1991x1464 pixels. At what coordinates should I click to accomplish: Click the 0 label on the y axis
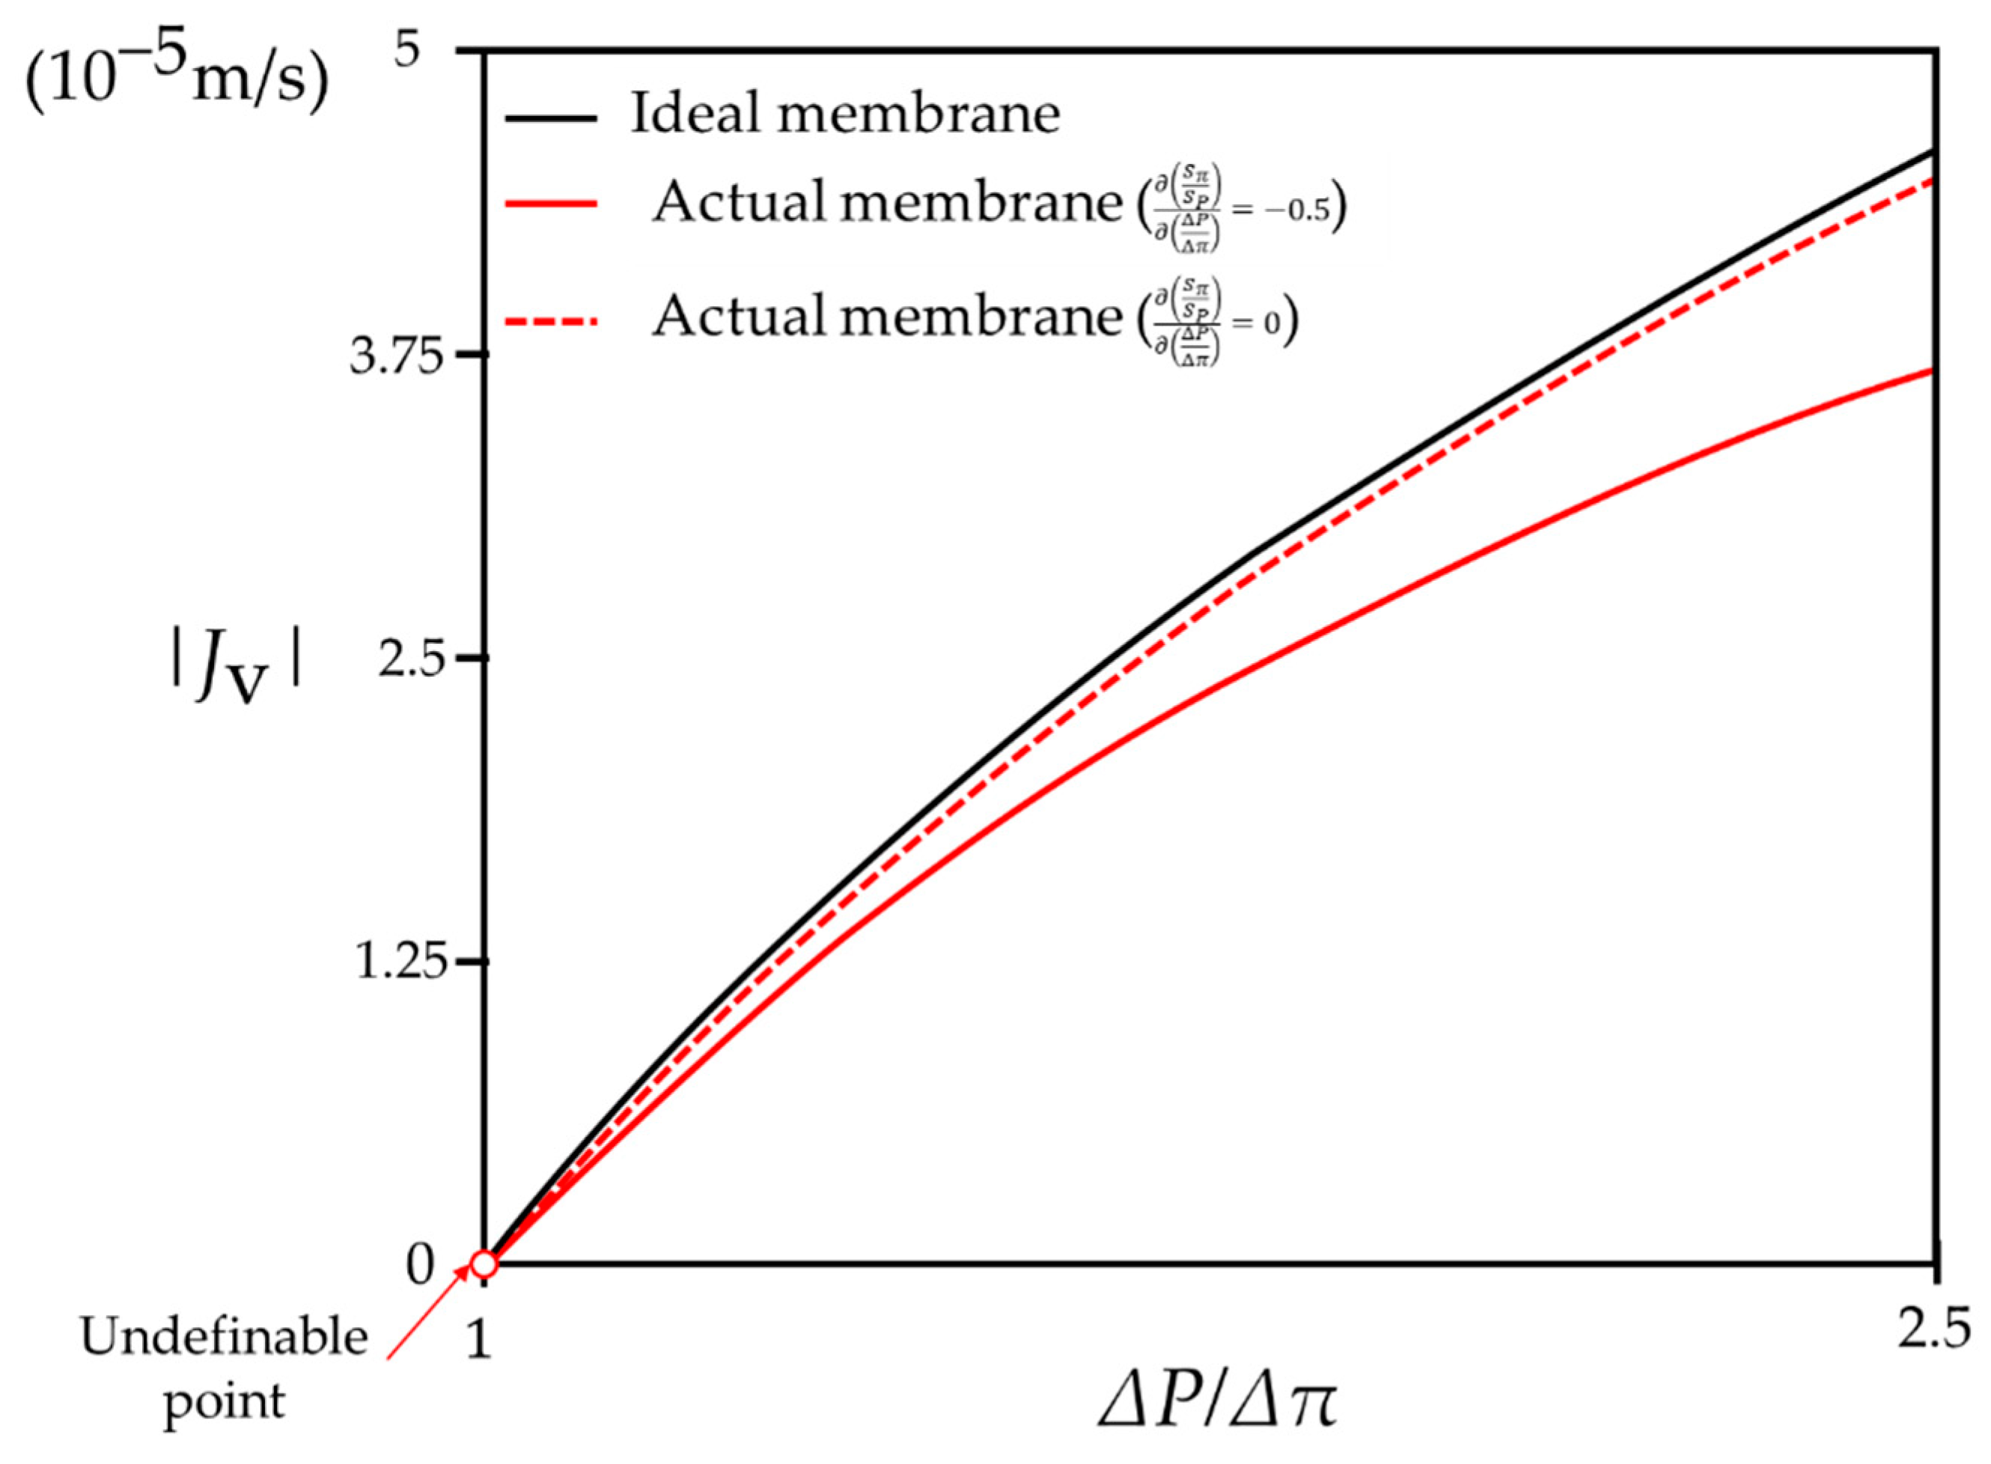420,1266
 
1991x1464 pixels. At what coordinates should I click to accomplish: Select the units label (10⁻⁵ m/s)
175,87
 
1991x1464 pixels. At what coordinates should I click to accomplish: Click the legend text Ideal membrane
844,115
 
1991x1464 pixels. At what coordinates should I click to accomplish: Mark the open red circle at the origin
484,1263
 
